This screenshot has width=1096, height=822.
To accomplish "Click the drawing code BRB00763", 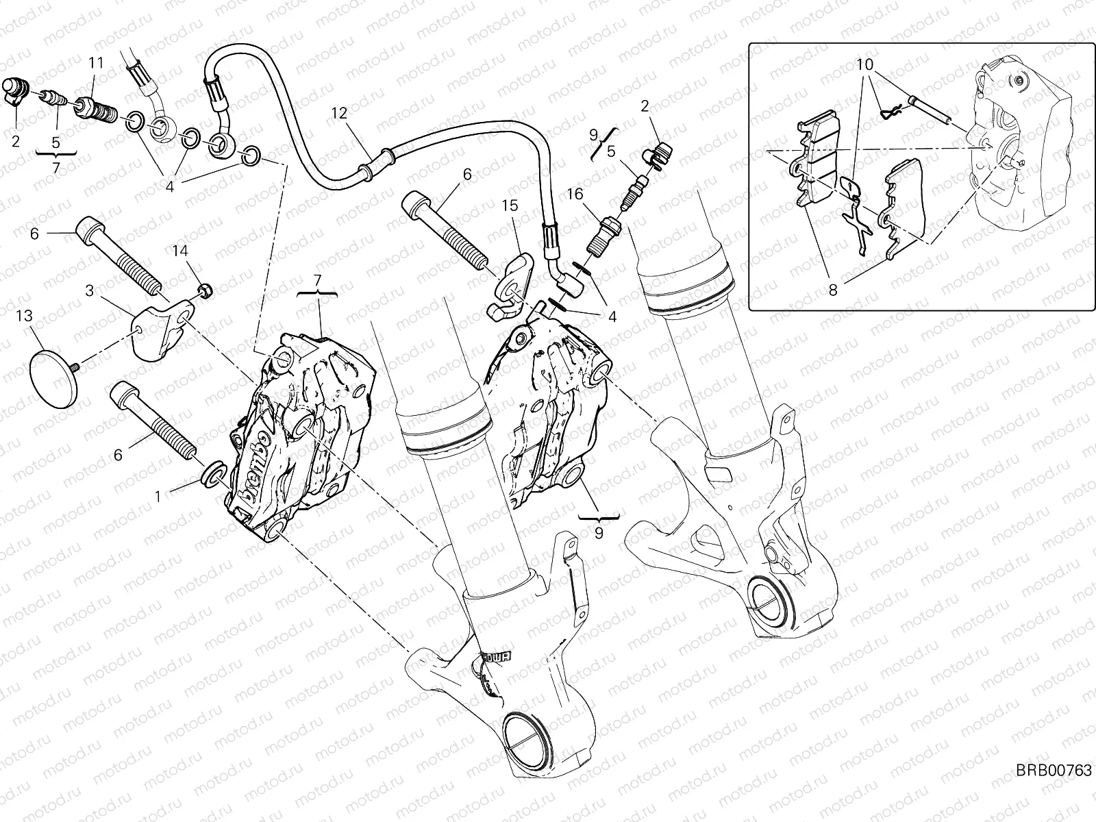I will [x=1053, y=790].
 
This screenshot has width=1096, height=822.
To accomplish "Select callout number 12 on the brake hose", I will [x=341, y=113].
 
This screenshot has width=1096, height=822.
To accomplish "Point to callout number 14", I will [x=179, y=251].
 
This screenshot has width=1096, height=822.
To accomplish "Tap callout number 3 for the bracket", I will [x=90, y=291].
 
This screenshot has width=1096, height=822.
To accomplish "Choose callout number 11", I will [x=95, y=63].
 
